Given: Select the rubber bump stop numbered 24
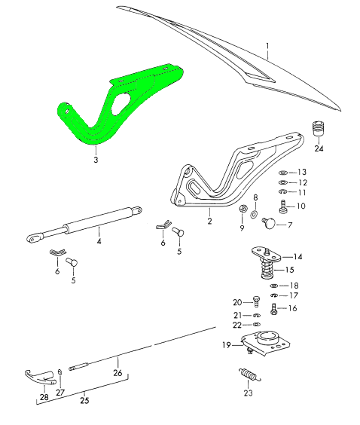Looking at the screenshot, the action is pyautogui.click(x=318, y=128).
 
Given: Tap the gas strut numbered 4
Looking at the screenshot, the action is pyautogui.click(x=84, y=225).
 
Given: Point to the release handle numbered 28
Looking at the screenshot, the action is pyautogui.click(x=41, y=378).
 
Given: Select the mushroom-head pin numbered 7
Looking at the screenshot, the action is pyautogui.click(x=269, y=223).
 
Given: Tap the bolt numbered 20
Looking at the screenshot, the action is pyautogui.click(x=257, y=301).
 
